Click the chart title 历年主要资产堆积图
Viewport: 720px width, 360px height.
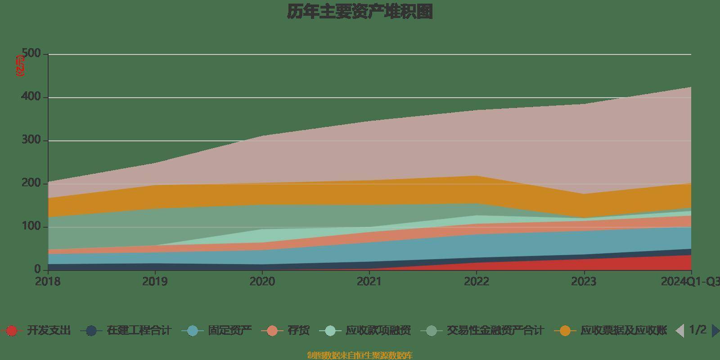pyautogui.click(x=360, y=12)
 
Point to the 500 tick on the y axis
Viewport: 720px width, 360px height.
pyautogui.click(x=31, y=54)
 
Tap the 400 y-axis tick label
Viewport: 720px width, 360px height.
pyautogui.click(x=31, y=97)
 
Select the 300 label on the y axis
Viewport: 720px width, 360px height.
pyautogui.click(x=31, y=140)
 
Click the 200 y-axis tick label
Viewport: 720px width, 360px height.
pyautogui.click(x=31, y=184)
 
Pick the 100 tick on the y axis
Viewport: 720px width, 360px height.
pyautogui.click(x=31, y=227)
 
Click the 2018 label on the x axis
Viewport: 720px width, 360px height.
pyautogui.click(x=48, y=282)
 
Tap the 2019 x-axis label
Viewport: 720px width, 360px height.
pyautogui.click(x=155, y=282)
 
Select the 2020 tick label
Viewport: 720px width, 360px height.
pyautogui.click(x=262, y=282)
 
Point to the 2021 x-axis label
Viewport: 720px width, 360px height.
pyautogui.click(x=369, y=282)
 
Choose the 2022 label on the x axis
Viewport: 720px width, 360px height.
pyautogui.click(x=477, y=282)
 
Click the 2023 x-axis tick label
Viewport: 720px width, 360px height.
pyautogui.click(x=584, y=282)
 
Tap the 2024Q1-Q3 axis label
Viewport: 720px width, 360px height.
pyautogui.click(x=690, y=282)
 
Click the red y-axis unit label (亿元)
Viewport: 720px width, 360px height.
pyautogui.click(x=20, y=65)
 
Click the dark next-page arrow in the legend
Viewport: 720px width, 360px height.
pyautogui.click(x=715, y=331)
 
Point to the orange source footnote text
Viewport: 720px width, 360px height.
pyautogui.click(x=360, y=355)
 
